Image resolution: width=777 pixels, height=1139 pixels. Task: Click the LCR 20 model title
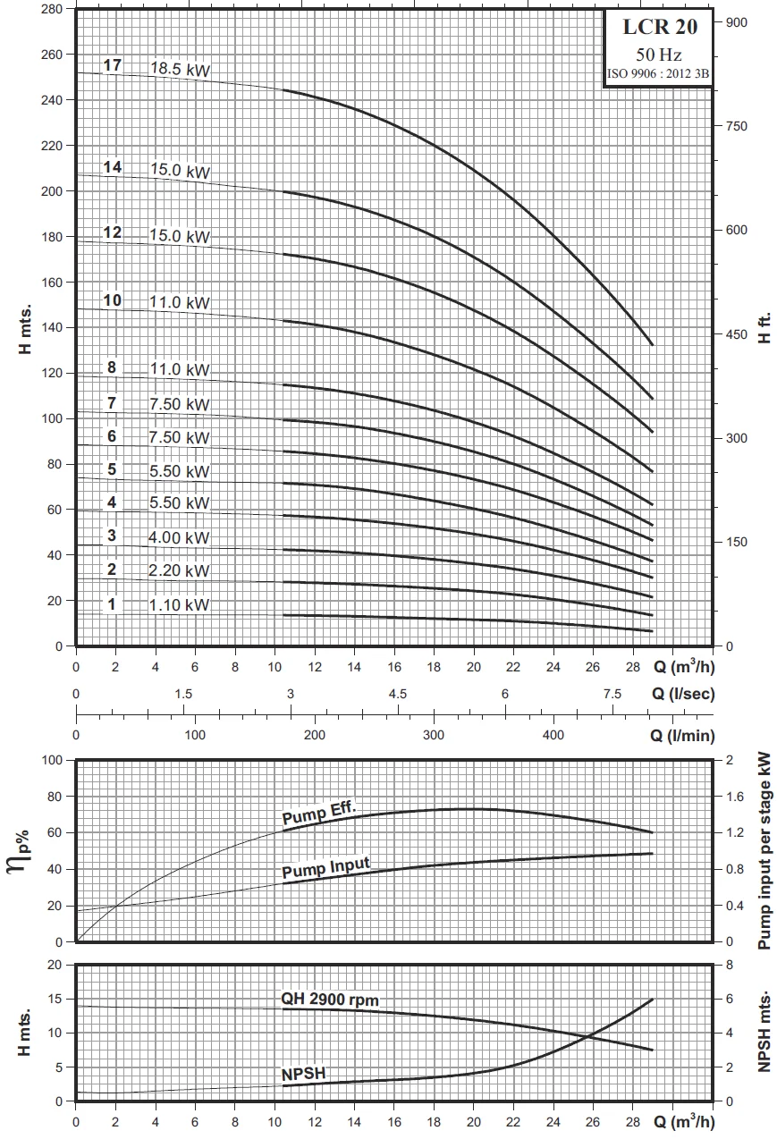[659, 28]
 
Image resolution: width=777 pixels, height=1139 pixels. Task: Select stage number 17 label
[112, 65]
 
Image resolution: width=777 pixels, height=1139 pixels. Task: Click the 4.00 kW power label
[180, 538]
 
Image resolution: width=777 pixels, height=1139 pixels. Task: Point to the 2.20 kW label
[180, 571]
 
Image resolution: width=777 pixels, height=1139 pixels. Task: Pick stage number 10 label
[112, 300]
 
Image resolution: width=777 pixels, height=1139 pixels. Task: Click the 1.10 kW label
[180, 605]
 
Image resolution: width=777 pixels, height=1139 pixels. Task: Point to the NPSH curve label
[302, 1072]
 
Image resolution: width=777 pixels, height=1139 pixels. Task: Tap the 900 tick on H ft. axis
[735, 22]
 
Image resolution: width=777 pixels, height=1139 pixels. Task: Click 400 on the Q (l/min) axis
[553, 736]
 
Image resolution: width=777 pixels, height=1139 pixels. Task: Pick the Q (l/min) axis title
[682, 736]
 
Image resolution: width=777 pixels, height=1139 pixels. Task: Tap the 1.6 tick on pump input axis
[734, 797]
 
